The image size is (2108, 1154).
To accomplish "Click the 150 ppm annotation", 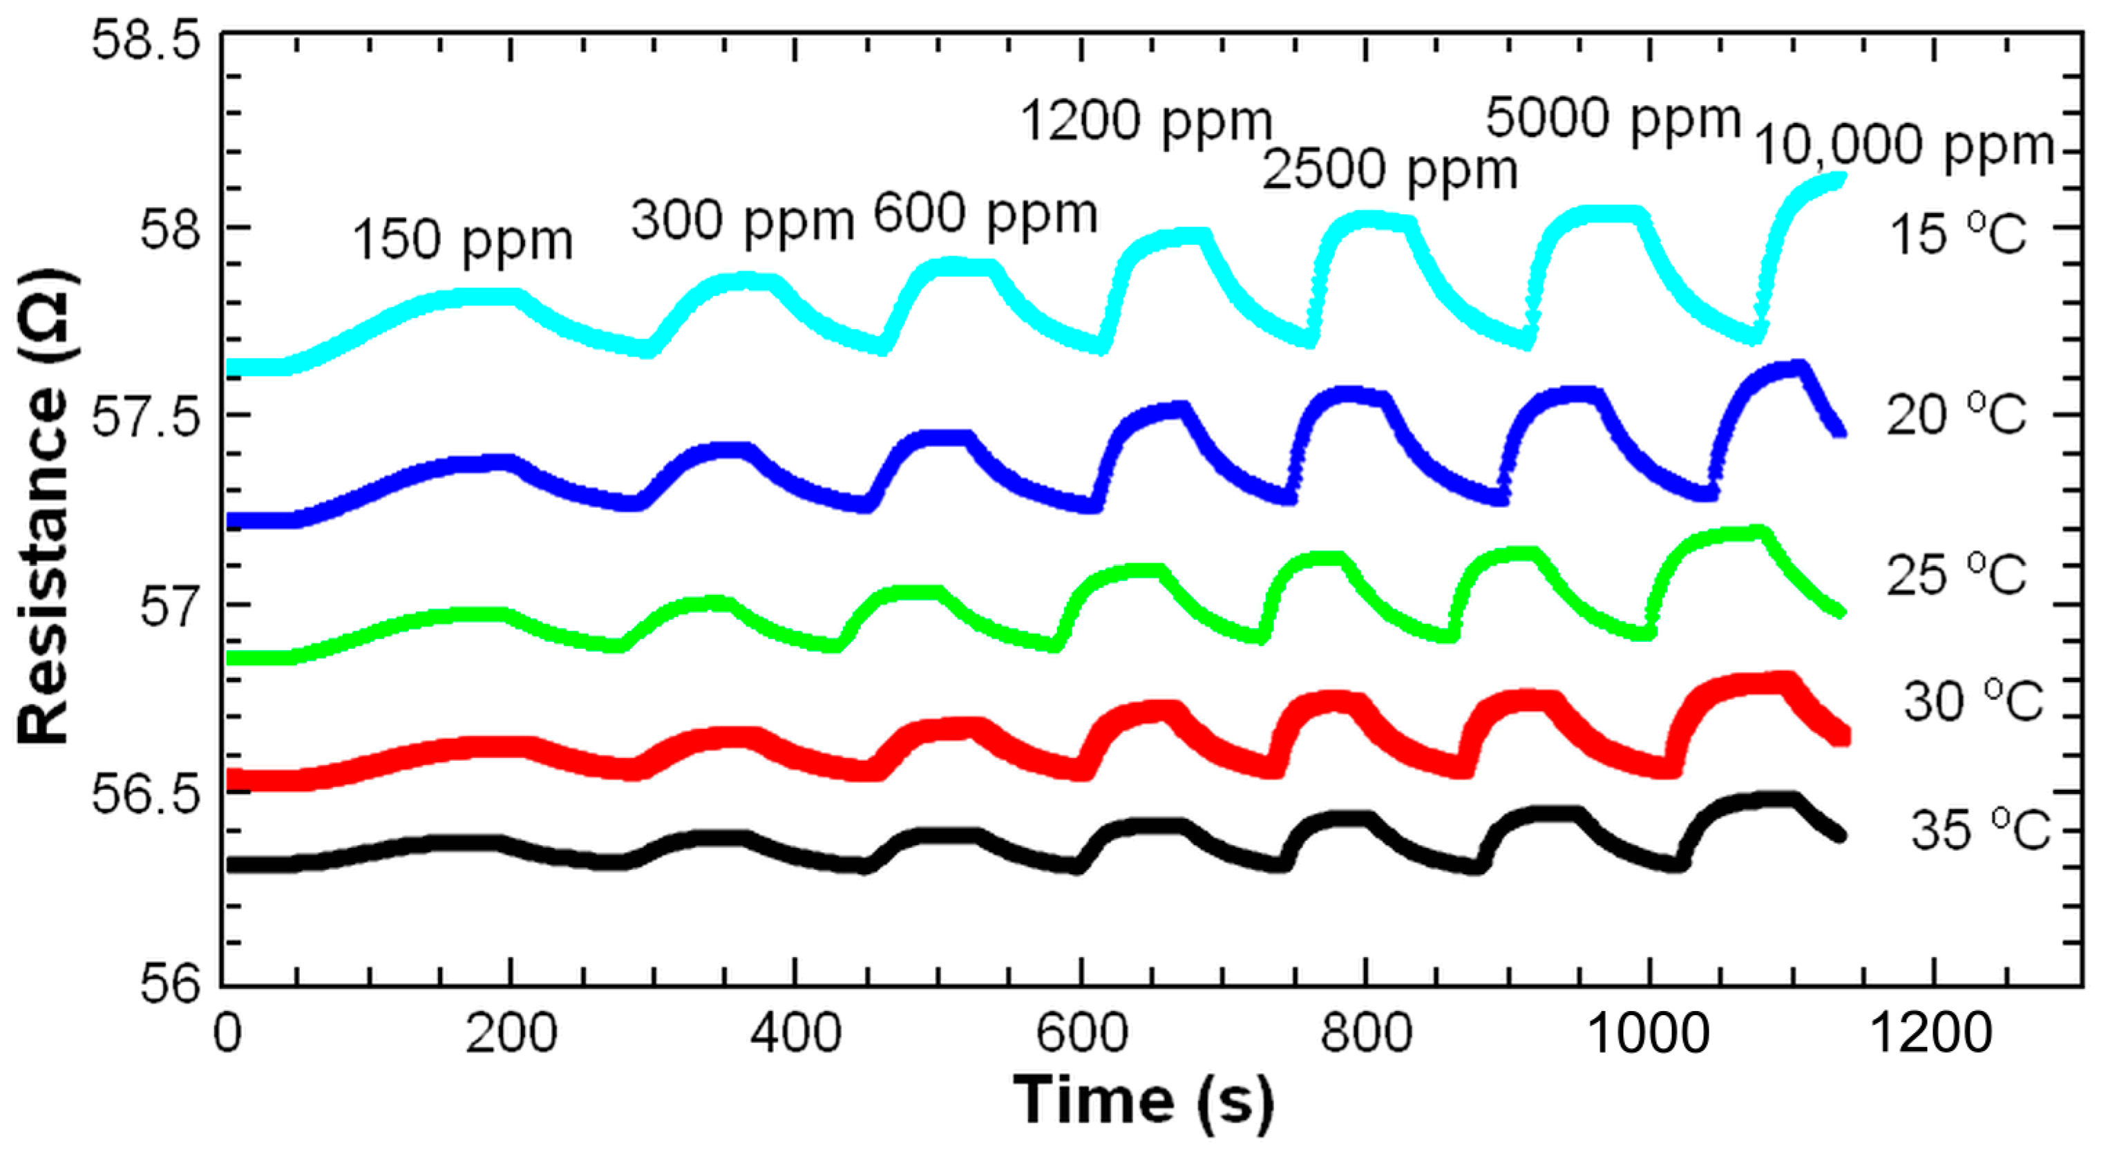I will tap(462, 240).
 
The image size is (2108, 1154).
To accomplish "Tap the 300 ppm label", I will tap(741, 221).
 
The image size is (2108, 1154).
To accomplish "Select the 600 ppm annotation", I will tap(985, 214).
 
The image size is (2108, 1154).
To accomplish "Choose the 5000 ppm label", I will tap(1612, 120).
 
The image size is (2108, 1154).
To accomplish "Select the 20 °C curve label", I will tap(1956, 414).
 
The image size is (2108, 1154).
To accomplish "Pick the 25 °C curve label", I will tap(1956, 574).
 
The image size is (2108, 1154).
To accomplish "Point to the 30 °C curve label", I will tap(1972, 701).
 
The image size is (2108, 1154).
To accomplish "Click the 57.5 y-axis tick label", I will tap(146, 417).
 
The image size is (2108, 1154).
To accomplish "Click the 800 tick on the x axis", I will tap(1365, 1033).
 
